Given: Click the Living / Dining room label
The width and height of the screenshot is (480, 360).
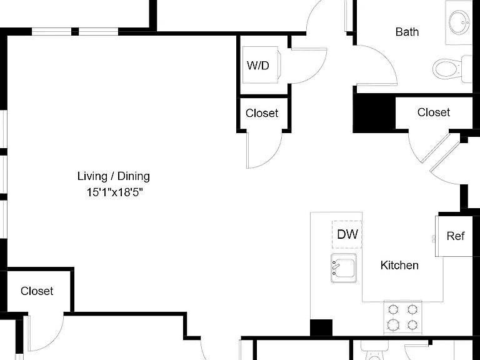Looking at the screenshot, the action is pyautogui.click(x=114, y=176).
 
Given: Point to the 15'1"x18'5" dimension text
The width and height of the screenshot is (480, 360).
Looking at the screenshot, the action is pyautogui.click(x=115, y=192).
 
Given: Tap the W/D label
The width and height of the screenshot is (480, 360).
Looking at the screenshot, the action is pyautogui.click(x=257, y=65).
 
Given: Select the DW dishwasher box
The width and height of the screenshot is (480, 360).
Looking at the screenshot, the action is pyautogui.click(x=347, y=234).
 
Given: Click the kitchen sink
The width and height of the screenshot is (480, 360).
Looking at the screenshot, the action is pyautogui.click(x=344, y=268).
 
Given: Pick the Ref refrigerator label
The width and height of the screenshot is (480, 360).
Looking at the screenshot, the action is pyautogui.click(x=456, y=236).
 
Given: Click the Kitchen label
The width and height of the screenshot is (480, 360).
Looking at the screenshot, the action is pyautogui.click(x=399, y=265).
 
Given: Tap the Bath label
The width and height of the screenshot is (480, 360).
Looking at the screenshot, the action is pyautogui.click(x=407, y=32).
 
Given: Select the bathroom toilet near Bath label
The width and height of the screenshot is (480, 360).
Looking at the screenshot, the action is pyautogui.click(x=451, y=69).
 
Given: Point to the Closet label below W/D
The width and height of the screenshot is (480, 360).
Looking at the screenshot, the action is pyautogui.click(x=262, y=113).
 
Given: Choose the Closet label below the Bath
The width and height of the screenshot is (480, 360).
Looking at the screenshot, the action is pyautogui.click(x=434, y=112).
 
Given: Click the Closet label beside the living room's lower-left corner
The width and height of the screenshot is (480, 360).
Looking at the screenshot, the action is pyautogui.click(x=37, y=291).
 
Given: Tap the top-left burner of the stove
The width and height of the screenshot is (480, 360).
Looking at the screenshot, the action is pyautogui.click(x=393, y=309).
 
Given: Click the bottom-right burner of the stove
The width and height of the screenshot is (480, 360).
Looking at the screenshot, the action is pyautogui.click(x=412, y=324).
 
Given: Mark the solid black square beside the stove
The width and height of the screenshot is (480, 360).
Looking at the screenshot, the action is pyautogui.click(x=321, y=327).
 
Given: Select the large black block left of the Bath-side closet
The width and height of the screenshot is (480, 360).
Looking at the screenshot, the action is pyautogui.click(x=374, y=113).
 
